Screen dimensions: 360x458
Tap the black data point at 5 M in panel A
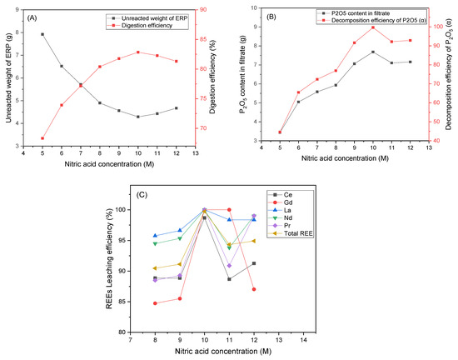click(x=42, y=34)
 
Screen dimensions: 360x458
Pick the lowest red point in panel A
click(x=42, y=138)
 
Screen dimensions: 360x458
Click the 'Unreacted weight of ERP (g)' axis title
click(x=7, y=77)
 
